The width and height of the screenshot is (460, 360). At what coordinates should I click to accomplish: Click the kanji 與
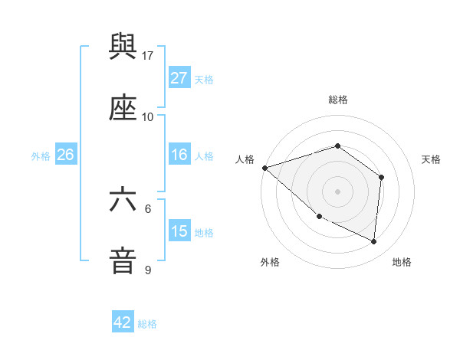pyautogui.click(x=123, y=48)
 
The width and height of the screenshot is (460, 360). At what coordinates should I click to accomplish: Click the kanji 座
pyautogui.click(x=123, y=109)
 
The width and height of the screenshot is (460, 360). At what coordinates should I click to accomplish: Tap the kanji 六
pyautogui.click(x=123, y=200)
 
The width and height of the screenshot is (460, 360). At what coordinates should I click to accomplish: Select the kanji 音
pyautogui.click(x=123, y=260)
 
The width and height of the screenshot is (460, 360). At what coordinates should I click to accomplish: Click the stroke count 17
pyautogui.click(x=148, y=56)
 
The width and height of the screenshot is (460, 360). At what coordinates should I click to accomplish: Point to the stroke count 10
pyautogui.click(x=148, y=117)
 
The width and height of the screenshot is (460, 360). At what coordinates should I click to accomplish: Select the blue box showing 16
pyautogui.click(x=179, y=155)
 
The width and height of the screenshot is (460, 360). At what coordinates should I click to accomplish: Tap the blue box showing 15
pyautogui.click(x=179, y=231)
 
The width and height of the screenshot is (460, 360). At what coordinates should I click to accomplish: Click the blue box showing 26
pyautogui.click(x=65, y=155)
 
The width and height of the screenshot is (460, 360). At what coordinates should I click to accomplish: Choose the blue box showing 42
pyautogui.click(x=122, y=322)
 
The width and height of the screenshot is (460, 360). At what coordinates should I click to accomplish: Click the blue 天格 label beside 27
pyautogui.click(x=204, y=80)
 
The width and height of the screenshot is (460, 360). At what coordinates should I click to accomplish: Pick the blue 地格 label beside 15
pyautogui.click(x=204, y=232)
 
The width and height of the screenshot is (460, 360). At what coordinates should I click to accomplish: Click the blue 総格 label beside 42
pyautogui.click(x=147, y=323)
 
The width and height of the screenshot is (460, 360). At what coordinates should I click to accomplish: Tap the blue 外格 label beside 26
pyautogui.click(x=41, y=155)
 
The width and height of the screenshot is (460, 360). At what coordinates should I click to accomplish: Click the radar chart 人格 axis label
pyautogui.click(x=245, y=159)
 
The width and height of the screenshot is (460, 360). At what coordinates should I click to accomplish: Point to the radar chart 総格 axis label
pyautogui.click(x=337, y=100)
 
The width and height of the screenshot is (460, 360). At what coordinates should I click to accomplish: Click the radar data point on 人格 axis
pyautogui.click(x=264, y=168)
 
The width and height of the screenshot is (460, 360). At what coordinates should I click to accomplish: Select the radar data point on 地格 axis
pyautogui.click(x=373, y=241)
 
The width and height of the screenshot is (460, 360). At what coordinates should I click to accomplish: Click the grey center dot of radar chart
pyautogui.click(x=337, y=191)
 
